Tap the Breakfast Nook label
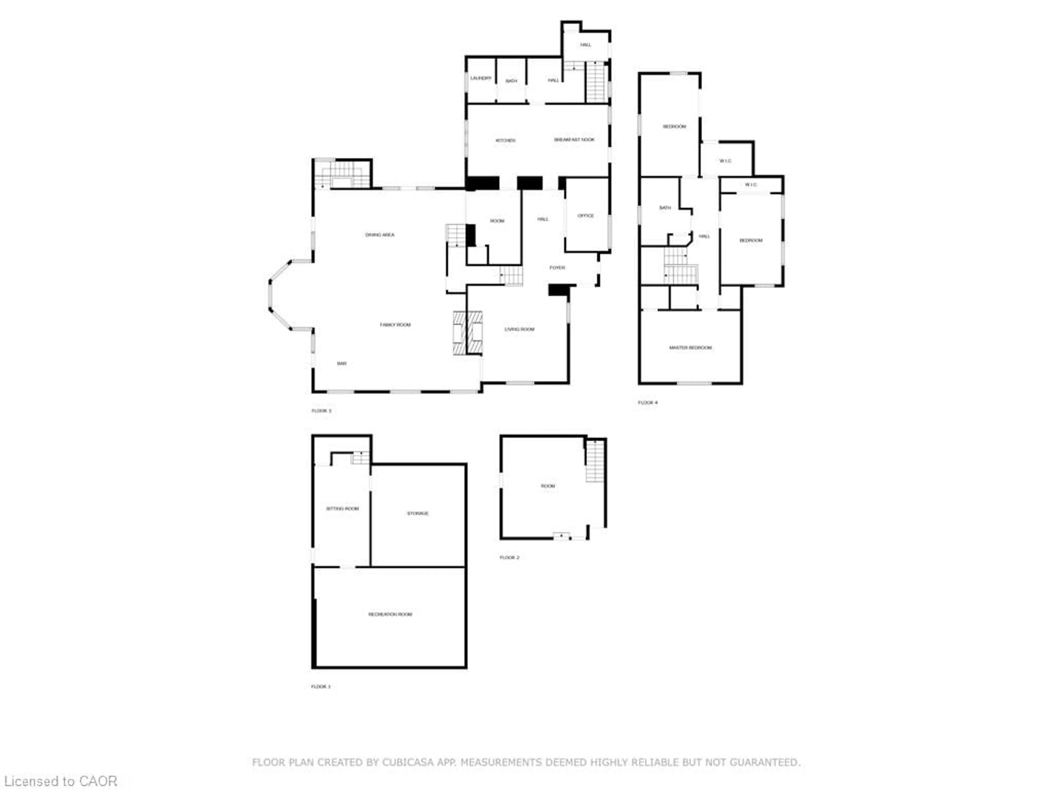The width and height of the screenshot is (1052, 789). coord(574,139)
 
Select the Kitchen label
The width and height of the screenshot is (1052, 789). coord(505,140)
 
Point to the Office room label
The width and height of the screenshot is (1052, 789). coord(585,215)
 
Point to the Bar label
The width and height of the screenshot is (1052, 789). coord(341,363)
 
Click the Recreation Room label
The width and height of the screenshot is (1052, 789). coord(390,614)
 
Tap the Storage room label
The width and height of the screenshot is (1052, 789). coord(418,513)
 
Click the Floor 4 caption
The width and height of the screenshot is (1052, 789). coord(647,402)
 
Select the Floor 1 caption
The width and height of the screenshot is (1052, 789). coord(321,686)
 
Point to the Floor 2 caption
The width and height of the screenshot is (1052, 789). coord(509,557)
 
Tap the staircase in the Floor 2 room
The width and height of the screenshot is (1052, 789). coord(594,460)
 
